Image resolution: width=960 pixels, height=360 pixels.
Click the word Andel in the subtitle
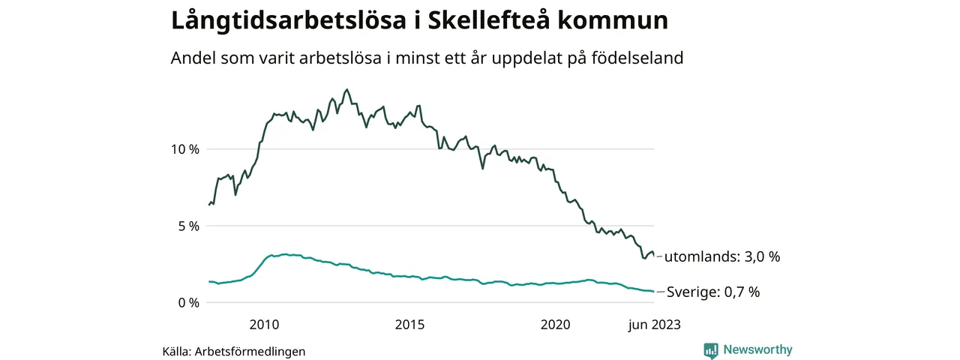click(x=192, y=58)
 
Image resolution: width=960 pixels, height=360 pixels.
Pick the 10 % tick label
click(x=184, y=149)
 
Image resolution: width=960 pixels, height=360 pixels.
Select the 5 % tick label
click(x=187, y=226)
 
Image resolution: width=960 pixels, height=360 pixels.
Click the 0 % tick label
click(x=187, y=303)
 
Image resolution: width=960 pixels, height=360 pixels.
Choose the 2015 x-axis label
click(x=409, y=325)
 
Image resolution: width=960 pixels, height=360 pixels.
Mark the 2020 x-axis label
click(x=556, y=325)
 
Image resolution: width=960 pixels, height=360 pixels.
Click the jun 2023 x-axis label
click(x=654, y=325)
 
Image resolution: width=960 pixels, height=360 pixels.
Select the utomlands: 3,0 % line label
click(x=722, y=257)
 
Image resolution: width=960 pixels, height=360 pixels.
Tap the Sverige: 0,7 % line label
click(x=712, y=292)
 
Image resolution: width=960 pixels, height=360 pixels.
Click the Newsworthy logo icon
click(x=711, y=350)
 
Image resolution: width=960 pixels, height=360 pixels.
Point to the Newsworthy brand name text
click(x=757, y=350)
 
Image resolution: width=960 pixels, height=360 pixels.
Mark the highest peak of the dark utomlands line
click(x=346, y=89)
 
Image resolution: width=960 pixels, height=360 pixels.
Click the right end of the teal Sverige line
click(x=653, y=292)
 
